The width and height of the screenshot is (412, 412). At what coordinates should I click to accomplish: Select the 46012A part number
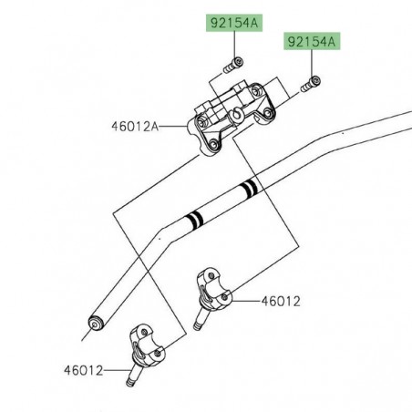[134, 126]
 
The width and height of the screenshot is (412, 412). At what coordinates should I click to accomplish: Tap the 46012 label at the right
[282, 301]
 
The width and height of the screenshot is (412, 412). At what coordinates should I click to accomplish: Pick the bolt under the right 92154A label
[309, 86]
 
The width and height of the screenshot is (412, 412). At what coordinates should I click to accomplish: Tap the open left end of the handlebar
[93, 324]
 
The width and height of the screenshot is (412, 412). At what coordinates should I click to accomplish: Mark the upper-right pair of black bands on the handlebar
[246, 191]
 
